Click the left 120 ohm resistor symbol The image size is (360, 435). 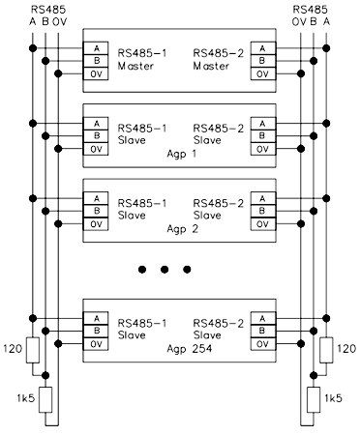[33, 350]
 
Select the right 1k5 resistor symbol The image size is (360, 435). [314, 400]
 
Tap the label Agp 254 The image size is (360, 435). [190, 349]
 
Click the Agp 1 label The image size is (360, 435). [181, 154]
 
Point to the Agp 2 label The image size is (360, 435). [182, 229]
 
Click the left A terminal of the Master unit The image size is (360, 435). [96, 48]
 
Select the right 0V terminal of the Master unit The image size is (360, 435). [263, 73]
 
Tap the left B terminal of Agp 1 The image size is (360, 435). [96, 136]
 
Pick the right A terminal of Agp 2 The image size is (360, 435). [263, 198]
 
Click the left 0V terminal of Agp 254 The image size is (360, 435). [96, 344]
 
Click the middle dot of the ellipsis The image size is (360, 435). [165, 270]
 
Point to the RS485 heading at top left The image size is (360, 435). [48, 10]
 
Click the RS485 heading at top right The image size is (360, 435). [310, 10]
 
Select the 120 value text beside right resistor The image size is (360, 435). [346, 349]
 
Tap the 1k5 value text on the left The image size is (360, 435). [26, 398]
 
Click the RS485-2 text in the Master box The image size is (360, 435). [219, 53]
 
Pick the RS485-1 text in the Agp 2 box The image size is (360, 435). [142, 203]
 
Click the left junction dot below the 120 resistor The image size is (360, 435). [45, 375]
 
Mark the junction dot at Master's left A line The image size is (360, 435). [33, 48]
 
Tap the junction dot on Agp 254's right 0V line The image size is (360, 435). [301, 344]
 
